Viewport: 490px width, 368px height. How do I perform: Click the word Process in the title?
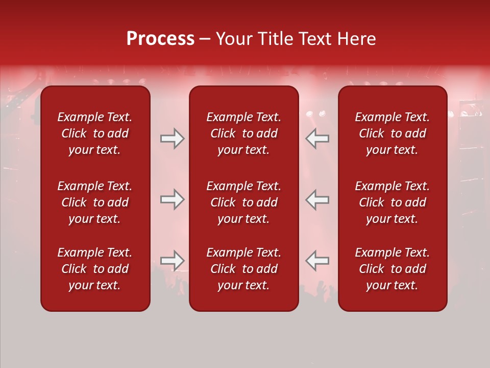click(160, 39)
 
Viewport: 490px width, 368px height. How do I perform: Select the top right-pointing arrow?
click(172, 139)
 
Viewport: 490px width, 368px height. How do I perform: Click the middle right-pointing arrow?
click(172, 199)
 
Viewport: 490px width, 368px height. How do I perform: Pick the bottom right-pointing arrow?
click(172, 261)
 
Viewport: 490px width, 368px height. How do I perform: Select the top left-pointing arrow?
click(317, 139)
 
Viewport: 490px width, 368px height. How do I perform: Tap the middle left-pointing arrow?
click(317, 199)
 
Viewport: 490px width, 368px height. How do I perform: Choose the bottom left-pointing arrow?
click(317, 261)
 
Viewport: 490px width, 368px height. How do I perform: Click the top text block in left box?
click(95, 133)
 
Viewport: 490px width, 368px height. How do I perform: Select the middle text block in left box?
click(95, 202)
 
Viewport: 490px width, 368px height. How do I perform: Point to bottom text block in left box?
click(95, 269)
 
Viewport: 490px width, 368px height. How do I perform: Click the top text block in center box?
click(243, 133)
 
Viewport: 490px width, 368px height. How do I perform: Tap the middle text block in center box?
click(243, 202)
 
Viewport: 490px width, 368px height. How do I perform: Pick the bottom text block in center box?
click(243, 269)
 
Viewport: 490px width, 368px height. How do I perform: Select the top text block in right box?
click(392, 133)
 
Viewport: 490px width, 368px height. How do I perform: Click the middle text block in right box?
click(392, 202)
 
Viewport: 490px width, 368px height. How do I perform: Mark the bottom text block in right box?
click(392, 269)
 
